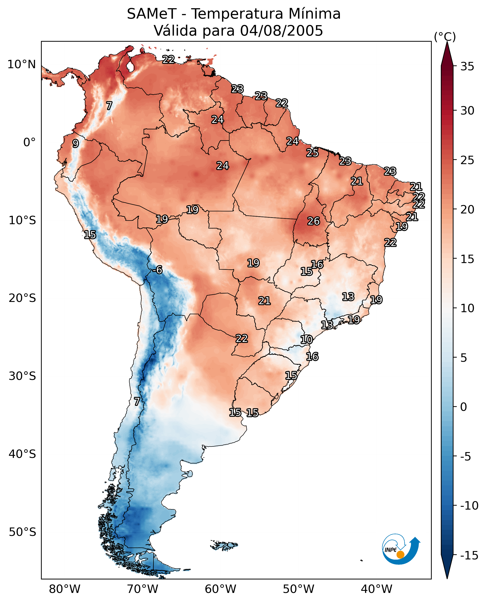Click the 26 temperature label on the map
[313, 221]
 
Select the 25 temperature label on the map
[312, 153]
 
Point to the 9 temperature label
[75, 143]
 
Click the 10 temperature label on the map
[306, 340]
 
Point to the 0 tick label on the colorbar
[464, 407]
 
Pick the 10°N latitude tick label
[22, 65]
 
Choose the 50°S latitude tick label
[22, 532]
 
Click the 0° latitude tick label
[29, 142]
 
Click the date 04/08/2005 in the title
[281, 31]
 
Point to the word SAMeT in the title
[152, 14]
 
